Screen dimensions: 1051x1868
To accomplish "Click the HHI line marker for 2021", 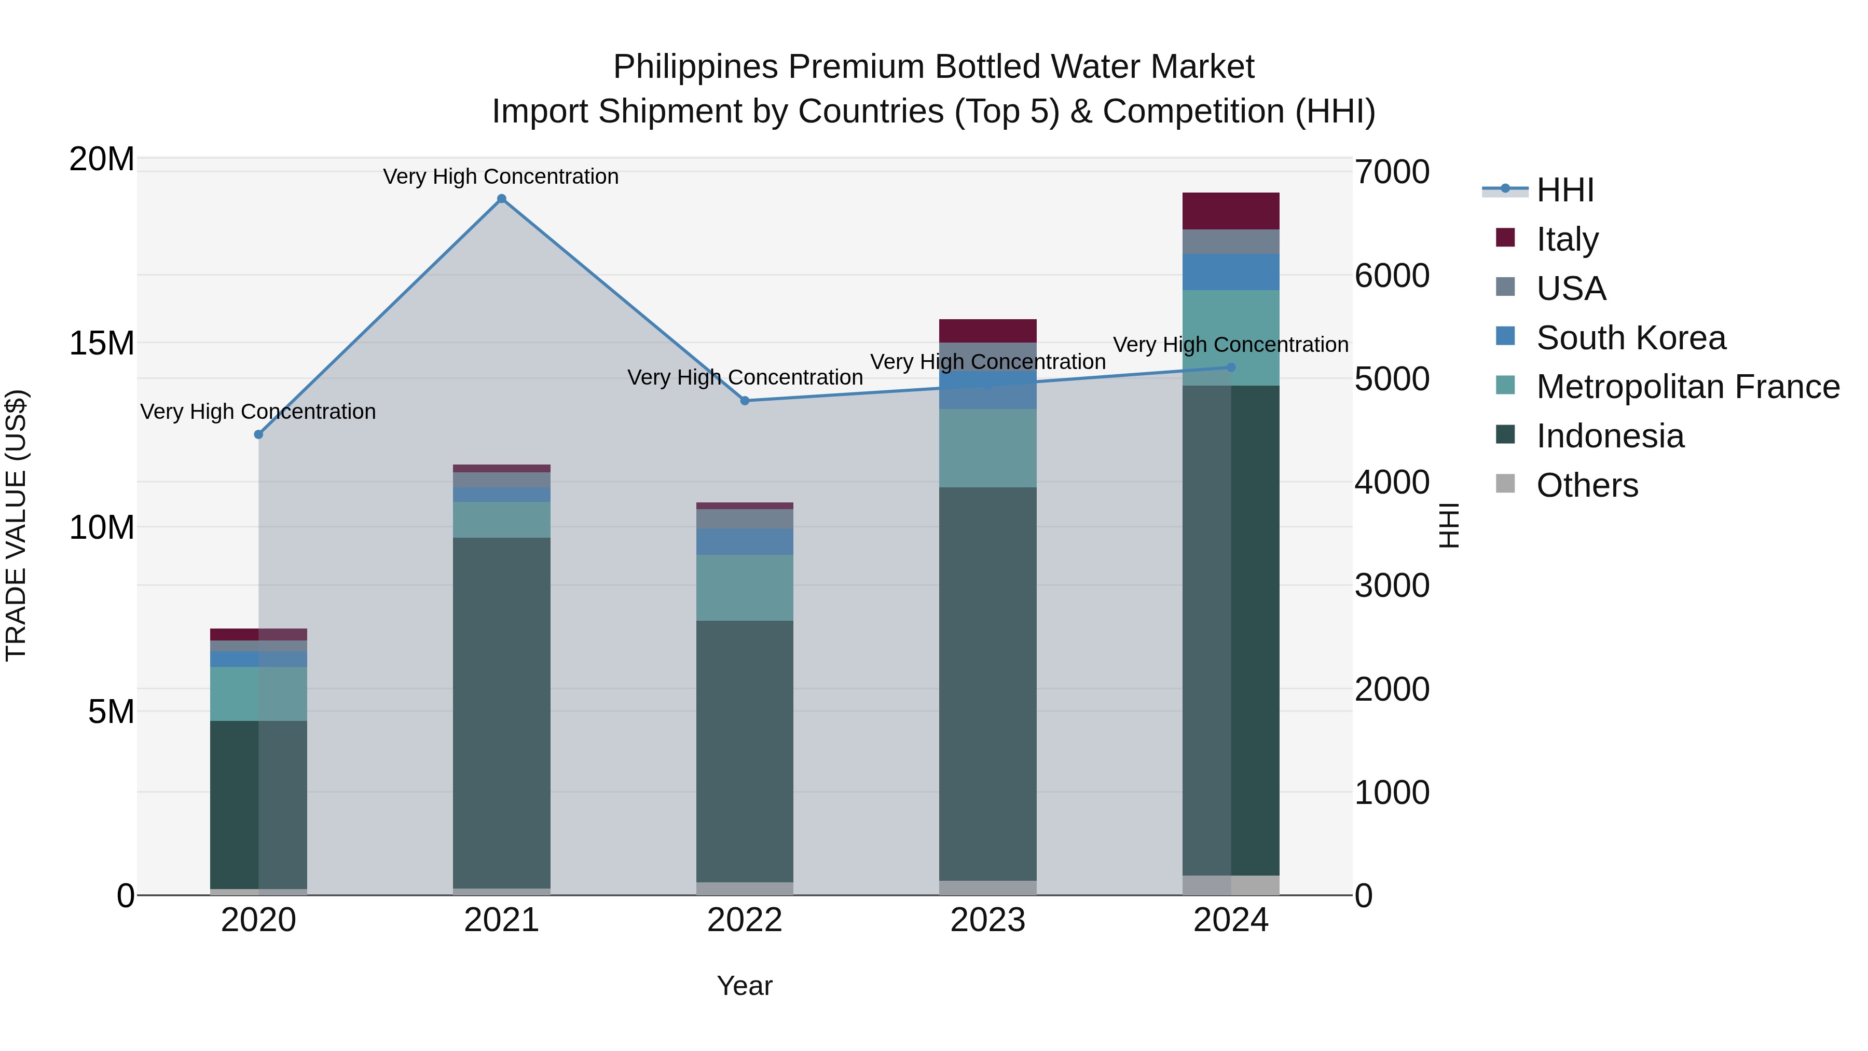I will coord(501,199).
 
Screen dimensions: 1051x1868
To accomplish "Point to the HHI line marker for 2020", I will coord(258,434).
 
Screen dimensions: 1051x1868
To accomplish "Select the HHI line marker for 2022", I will coord(745,400).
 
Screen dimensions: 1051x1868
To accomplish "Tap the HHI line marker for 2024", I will coord(1231,368).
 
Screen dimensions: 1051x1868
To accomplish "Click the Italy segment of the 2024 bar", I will coord(1231,211).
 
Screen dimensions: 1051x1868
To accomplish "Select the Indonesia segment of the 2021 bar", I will coord(501,711).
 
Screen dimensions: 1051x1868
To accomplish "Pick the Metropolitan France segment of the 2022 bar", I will coord(745,588).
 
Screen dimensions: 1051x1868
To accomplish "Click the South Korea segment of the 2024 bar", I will coord(1231,272).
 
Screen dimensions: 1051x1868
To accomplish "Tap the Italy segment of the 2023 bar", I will coord(987,331).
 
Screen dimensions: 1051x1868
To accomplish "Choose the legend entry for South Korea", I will coord(1630,338).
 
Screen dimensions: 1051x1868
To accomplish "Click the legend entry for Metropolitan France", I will coord(1687,387).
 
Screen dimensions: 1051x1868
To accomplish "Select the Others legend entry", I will coord(1587,485).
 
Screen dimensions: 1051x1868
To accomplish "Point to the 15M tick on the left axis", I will coord(102,343).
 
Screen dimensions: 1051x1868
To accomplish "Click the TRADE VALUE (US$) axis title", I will coord(16,525).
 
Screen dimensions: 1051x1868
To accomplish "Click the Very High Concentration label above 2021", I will coord(501,176).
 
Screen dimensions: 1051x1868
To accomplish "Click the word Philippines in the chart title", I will coord(696,67).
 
